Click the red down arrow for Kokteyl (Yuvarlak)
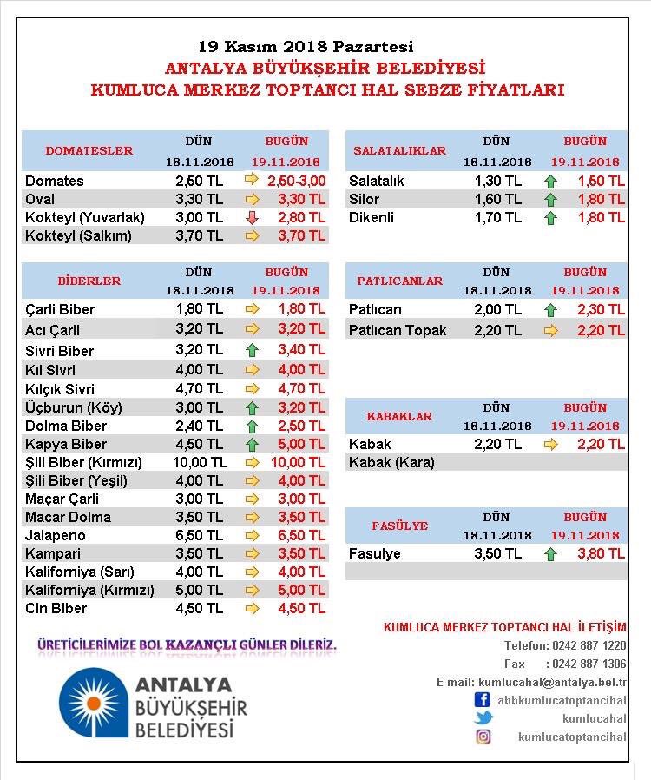point(253,218)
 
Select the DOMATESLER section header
point(89,150)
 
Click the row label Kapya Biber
point(66,444)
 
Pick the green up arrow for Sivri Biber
point(253,351)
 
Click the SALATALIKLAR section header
point(400,150)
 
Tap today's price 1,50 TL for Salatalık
point(602,181)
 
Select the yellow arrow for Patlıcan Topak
point(550,330)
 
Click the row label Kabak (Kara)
point(391,462)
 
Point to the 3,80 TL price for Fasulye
point(602,553)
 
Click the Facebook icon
point(483,699)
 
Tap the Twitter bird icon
point(483,718)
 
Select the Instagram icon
point(483,737)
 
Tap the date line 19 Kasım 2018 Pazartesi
point(306,46)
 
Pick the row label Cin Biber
point(56,608)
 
